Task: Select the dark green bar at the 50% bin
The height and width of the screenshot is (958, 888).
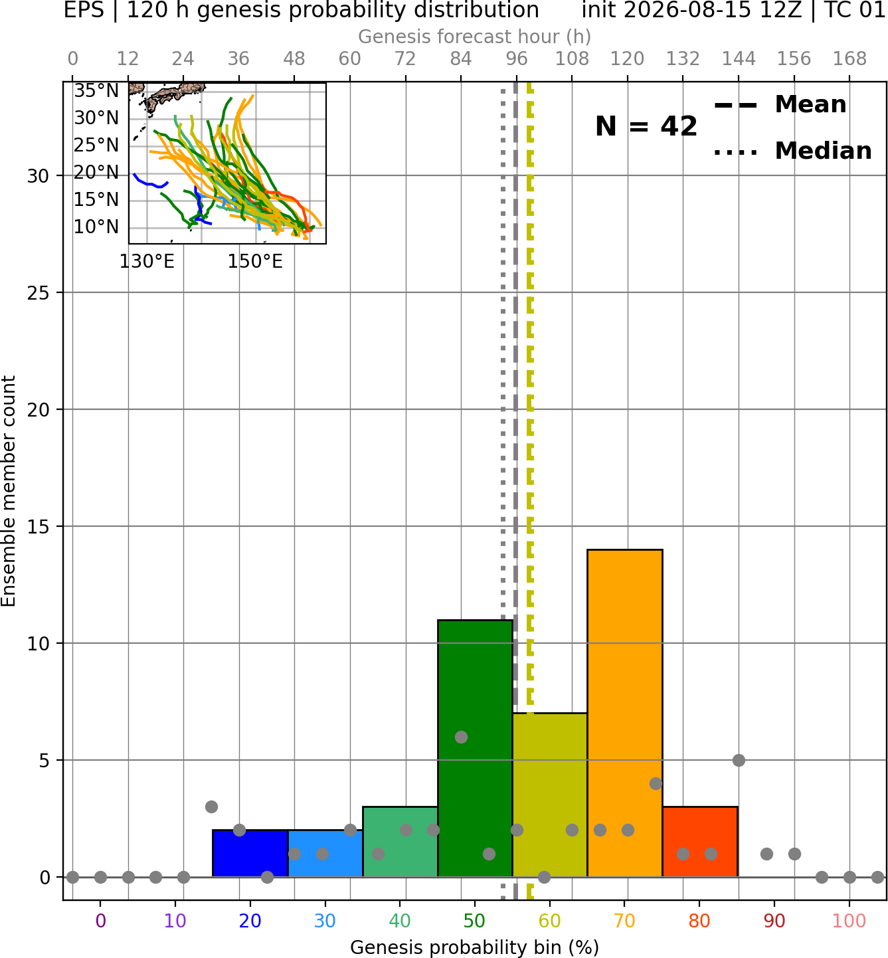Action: tap(475, 748)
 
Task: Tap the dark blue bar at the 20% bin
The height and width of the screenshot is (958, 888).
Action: tap(250, 853)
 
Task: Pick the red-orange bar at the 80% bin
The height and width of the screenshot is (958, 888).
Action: tap(700, 842)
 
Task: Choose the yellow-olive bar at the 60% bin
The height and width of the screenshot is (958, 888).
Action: tap(550, 795)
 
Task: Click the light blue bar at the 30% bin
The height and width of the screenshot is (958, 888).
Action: tap(325, 853)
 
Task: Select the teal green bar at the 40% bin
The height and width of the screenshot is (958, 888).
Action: tap(400, 842)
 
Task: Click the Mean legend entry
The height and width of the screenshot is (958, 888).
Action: tap(780, 105)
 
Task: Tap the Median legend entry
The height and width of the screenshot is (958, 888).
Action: tap(792, 151)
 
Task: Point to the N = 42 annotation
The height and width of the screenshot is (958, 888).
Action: tap(646, 126)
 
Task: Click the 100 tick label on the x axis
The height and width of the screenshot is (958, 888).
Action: tap(849, 921)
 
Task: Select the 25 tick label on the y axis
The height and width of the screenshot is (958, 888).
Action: tap(38, 293)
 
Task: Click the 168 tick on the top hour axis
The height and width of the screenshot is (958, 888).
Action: tap(849, 59)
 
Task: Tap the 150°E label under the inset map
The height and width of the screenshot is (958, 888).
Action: tap(255, 262)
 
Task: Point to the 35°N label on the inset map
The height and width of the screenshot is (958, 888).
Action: tap(96, 91)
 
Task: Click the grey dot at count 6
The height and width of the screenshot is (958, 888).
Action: tap(461, 737)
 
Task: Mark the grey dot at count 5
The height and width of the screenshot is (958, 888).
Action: tap(739, 760)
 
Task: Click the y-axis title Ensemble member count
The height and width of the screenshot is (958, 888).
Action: tap(9, 491)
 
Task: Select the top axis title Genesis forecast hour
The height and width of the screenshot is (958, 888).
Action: tap(475, 37)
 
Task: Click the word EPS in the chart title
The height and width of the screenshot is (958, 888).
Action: tap(84, 10)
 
